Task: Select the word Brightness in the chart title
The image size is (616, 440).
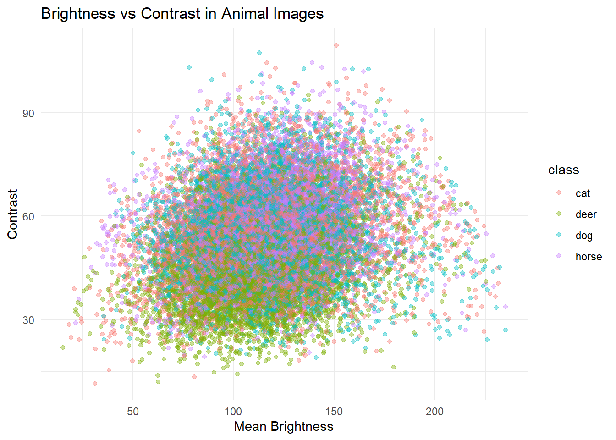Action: pyautogui.click(x=78, y=14)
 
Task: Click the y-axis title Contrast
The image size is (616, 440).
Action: pyautogui.click(x=12, y=214)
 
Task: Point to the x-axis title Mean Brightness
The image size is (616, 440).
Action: pyautogui.click(x=284, y=427)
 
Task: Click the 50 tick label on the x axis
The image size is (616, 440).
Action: pyautogui.click(x=133, y=412)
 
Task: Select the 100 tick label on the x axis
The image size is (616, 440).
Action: pyautogui.click(x=233, y=412)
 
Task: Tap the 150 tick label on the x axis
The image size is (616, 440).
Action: pyautogui.click(x=334, y=412)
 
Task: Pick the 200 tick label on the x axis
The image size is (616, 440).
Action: pyautogui.click(x=434, y=412)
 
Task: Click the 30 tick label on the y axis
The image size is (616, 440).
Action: pyautogui.click(x=28, y=320)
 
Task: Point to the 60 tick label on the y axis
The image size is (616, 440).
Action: pyautogui.click(x=28, y=216)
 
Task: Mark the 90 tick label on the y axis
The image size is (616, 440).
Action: pyautogui.click(x=28, y=113)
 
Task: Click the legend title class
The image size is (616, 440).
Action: pyautogui.click(x=563, y=170)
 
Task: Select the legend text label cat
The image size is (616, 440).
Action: pyautogui.click(x=583, y=193)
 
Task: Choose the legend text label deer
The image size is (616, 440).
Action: pyautogui.click(x=586, y=214)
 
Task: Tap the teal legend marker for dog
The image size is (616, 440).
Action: pyautogui.click(x=559, y=235)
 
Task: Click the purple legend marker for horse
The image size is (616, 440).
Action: pyautogui.click(x=559, y=256)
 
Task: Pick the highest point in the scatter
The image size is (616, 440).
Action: pyautogui.click(x=336, y=45)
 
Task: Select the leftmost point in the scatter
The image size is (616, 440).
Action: pyautogui.click(x=63, y=347)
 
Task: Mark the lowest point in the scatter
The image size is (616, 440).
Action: pyautogui.click(x=95, y=384)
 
